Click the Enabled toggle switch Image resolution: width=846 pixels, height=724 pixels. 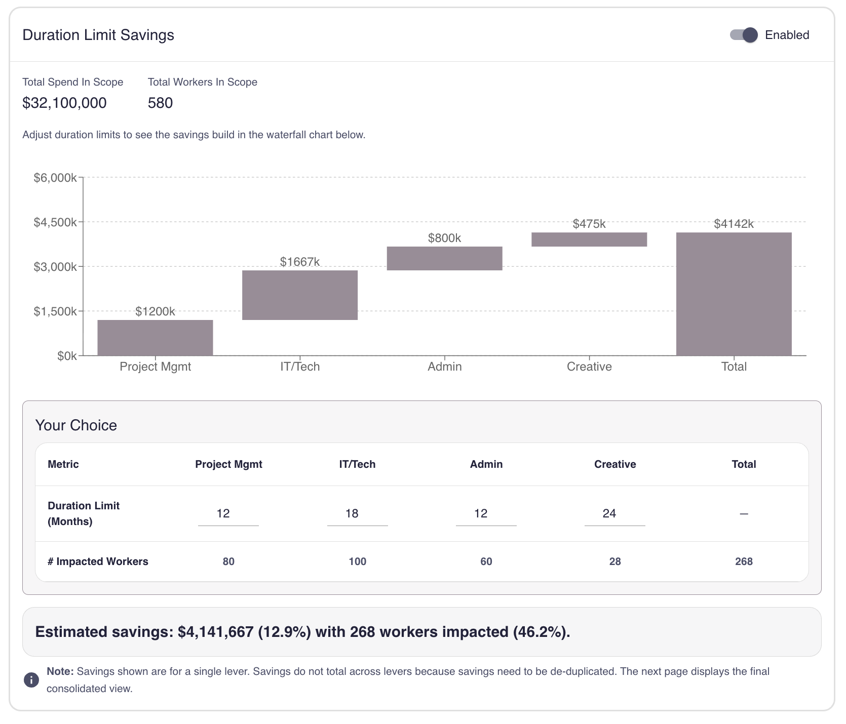tap(743, 35)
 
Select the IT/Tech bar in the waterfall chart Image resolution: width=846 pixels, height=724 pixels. tap(300, 295)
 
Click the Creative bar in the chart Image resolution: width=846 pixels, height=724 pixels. tap(589, 239)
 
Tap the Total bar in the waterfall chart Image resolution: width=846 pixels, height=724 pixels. tap(734, 294)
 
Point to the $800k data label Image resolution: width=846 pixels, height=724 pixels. tap(444, 238)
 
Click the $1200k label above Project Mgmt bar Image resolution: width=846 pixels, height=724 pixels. tap(155, 311)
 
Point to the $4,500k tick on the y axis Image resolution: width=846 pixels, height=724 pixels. tap(55, 222)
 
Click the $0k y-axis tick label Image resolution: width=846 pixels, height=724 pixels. tap(67, 356)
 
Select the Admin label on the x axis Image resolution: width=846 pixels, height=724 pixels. tap(444, 367)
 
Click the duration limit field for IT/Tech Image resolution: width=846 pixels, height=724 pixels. tap(357, 514)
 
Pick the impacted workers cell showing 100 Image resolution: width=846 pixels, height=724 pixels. tap(357, 561)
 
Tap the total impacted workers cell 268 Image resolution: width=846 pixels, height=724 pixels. tap(744, 561)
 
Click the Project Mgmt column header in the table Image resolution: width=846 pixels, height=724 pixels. tap(228, 464)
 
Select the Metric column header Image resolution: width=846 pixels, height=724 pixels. tap(63, 464)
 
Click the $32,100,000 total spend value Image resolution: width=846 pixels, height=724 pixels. tap(64, 103)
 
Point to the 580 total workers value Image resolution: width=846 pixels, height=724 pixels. tap(160, 103)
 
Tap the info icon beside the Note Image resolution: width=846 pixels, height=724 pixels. tap(31, 680)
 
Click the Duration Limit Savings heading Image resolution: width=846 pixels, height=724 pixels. tap(98, 35)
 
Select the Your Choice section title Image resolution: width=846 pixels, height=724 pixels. tap(76, 425)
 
